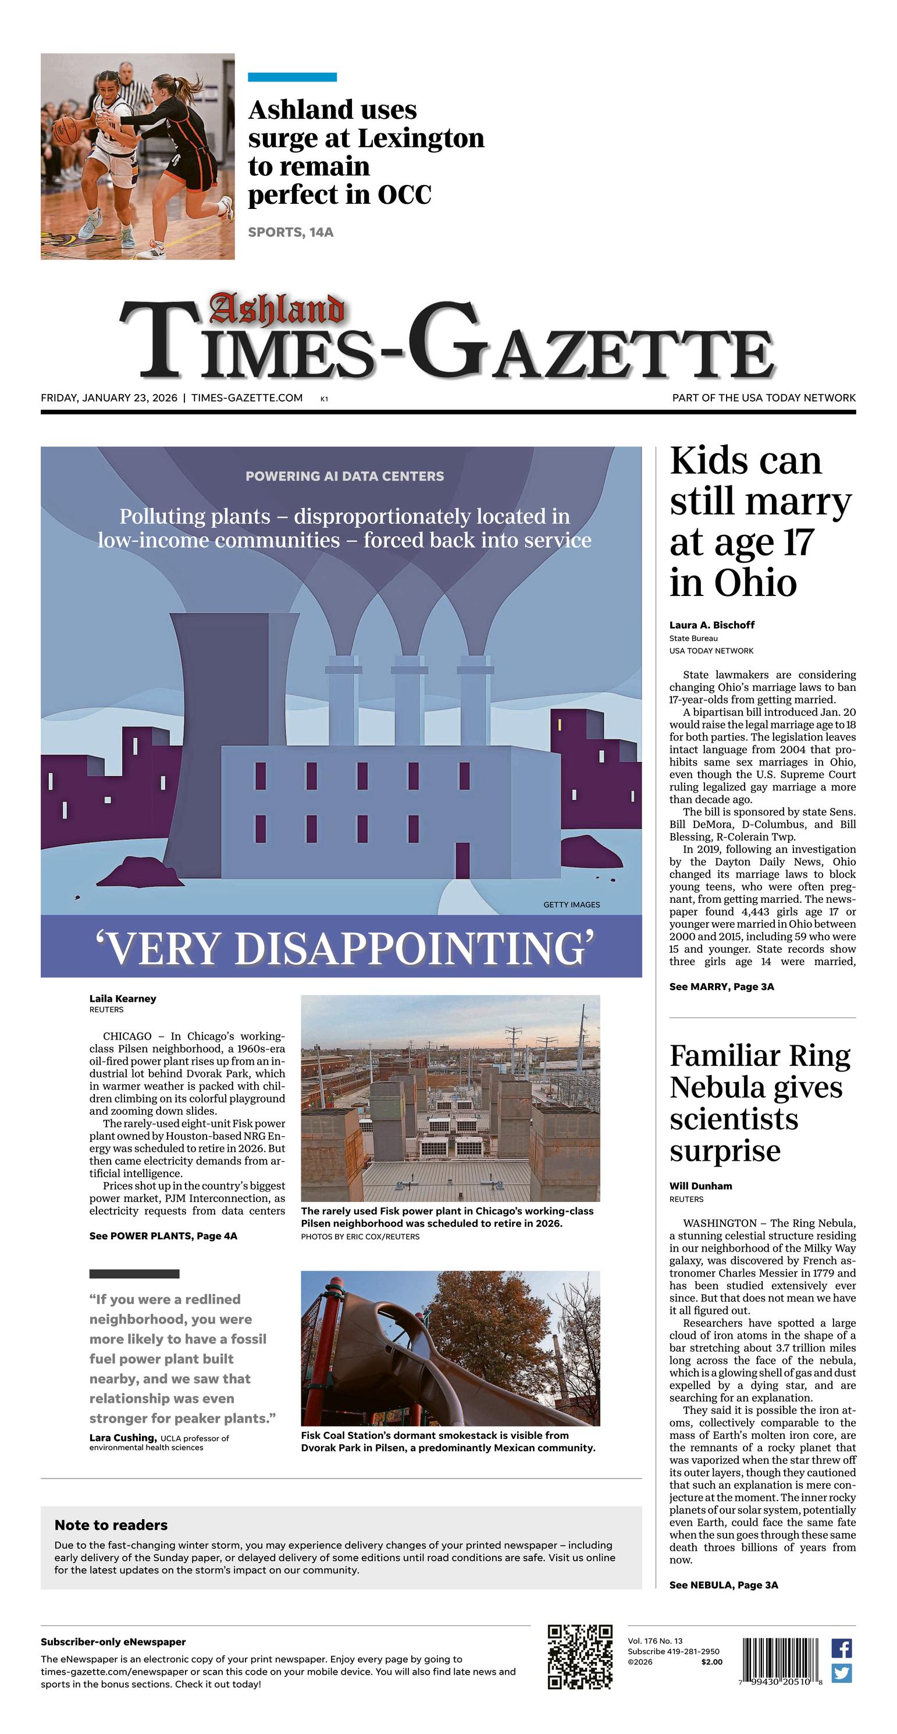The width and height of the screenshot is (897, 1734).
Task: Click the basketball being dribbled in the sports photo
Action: click(x=65, y=130)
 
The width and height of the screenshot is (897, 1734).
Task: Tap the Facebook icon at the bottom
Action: click(x=841, y=1648)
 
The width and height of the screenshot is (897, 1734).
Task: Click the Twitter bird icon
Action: click(x=841, y=1673)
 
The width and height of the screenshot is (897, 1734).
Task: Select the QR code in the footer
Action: click(x=579, y=1657)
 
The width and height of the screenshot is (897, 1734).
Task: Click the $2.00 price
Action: click(x=711, y=1662)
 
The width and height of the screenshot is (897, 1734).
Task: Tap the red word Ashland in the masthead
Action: click(x=276, y=310)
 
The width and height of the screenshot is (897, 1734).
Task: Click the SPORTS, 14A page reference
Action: click(x=291, y=232)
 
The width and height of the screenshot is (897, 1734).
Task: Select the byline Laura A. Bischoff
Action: click(x=711, y=625)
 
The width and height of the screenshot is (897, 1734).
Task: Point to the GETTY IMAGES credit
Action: click(x=571, y=905)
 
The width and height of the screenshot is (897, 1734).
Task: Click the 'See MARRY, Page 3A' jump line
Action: click(x=721, y=987)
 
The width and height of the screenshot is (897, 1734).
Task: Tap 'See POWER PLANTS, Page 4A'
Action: click(x=163, y=1236)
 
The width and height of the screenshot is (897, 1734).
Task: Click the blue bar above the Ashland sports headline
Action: click(x=292, y=77)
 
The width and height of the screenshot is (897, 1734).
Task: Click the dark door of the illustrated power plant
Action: click(x=462, y=860)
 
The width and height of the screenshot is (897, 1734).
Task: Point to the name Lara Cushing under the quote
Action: click(x=123, y=1438)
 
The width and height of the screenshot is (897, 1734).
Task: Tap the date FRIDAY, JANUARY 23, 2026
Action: click(x=109, y=398)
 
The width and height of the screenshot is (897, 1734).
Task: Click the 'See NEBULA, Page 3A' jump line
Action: click(x=724, y=1585)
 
